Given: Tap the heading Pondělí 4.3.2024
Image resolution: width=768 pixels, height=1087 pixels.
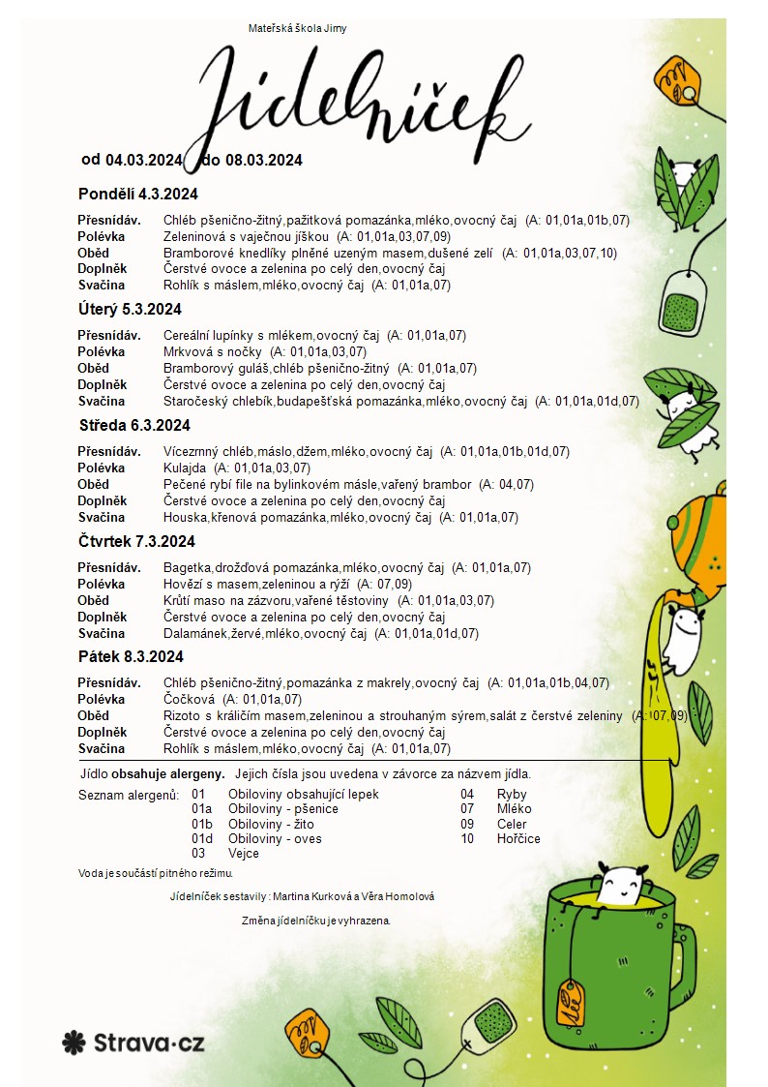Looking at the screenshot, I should [x=137, y=194].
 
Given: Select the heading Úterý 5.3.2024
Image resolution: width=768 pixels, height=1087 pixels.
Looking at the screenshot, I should [x=130, y=310].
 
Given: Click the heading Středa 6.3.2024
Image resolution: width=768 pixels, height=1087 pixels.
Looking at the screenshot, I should [x=134, y=425].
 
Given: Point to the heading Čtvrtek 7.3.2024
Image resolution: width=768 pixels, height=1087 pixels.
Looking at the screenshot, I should [x=136, y=541].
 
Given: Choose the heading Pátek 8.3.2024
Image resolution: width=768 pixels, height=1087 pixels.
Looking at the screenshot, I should [x=131, y=656].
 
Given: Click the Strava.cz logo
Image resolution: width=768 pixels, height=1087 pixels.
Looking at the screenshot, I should [x=133, y=1042].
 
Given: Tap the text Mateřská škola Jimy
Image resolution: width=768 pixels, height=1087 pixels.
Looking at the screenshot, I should [x=297, y=28].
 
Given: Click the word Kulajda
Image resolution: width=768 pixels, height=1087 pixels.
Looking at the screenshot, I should [x=185, y=468].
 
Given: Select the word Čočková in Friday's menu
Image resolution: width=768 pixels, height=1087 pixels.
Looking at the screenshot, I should [x=187, y=699].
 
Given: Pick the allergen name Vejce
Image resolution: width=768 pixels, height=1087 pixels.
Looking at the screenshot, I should [x=244, y=854].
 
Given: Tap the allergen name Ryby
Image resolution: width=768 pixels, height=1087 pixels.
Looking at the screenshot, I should [x=497, y=795].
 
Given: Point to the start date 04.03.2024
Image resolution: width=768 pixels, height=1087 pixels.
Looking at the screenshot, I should [x=144, y=160].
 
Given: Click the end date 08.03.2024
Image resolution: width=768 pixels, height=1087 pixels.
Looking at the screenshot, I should [x=264, y=160].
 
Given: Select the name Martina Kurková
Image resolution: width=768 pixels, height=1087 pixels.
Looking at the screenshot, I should [x=313, y=896].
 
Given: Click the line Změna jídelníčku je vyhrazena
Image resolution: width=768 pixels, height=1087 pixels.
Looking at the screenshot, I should [x=316, y=920].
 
